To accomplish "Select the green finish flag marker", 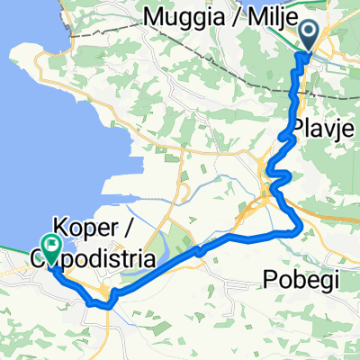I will [x=50, y=246].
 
